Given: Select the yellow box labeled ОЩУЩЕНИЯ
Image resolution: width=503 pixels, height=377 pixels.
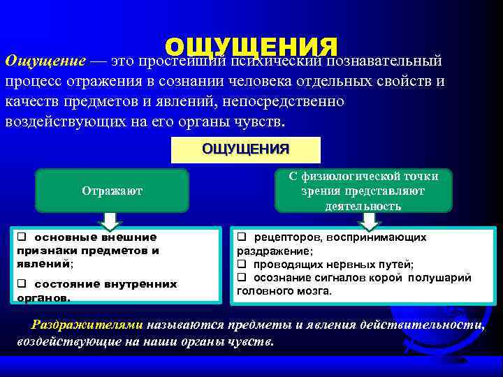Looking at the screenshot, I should tap(245, 149).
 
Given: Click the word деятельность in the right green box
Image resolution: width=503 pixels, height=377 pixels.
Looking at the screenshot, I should tap(363, 206).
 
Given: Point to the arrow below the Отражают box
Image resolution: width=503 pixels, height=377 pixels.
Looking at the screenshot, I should tap(110, 221).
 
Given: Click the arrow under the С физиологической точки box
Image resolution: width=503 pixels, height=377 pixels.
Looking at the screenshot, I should tap(370, 221).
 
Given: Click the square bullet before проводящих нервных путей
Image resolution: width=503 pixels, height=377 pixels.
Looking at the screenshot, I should tap(241, 264).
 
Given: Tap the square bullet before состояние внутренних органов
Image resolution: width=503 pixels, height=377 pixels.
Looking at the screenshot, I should tap(21, 284).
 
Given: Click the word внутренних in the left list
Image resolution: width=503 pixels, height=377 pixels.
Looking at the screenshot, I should tap(145, 284).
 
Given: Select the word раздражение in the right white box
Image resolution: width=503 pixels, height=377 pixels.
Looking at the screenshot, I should tap(273, 251).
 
